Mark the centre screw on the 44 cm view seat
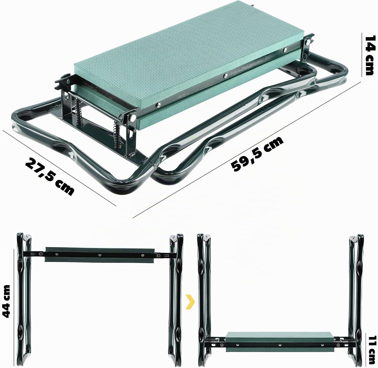[100, 255]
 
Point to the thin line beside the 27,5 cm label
[59, 168]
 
